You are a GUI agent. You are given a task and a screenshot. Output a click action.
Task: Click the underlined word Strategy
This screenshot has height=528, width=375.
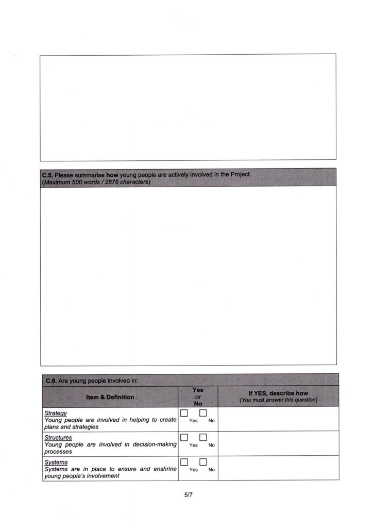coord(55,413)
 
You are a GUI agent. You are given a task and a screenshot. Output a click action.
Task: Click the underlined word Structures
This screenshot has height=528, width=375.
coord(58,438)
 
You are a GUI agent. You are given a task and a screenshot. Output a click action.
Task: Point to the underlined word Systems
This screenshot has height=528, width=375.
coord(56,462)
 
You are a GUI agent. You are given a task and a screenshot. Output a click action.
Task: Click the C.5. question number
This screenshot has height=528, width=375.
coord(47,174)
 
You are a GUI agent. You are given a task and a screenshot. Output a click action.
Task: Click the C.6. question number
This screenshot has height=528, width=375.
coord(51,381)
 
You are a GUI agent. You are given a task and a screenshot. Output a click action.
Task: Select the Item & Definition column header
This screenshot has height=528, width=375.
coord(110,397)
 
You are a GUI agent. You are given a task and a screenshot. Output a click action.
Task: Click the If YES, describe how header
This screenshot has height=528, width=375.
coord(278,393)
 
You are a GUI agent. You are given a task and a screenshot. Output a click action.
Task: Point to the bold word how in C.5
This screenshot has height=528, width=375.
coord(112,174)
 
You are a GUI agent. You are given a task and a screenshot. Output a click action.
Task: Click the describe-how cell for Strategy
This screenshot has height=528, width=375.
coord(278,419)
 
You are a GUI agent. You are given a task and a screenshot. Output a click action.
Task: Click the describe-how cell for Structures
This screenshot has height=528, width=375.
coord(278,443)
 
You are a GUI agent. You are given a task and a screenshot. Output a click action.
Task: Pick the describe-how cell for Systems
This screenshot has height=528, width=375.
coord(278,468)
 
